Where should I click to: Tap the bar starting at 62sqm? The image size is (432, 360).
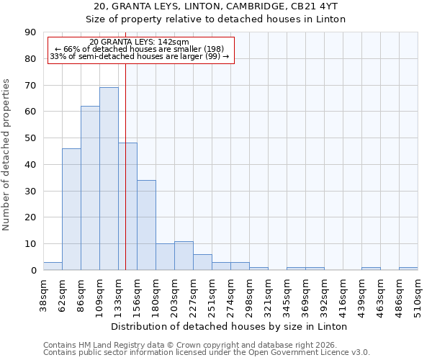[71, 209]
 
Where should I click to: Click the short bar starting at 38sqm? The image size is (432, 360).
[53, 266]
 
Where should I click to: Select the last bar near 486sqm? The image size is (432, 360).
[408, 269]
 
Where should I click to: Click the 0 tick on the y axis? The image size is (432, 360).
[34, 271]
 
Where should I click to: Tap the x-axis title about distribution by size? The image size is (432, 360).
[230, 326]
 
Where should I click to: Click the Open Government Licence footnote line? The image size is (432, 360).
[207, 352]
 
